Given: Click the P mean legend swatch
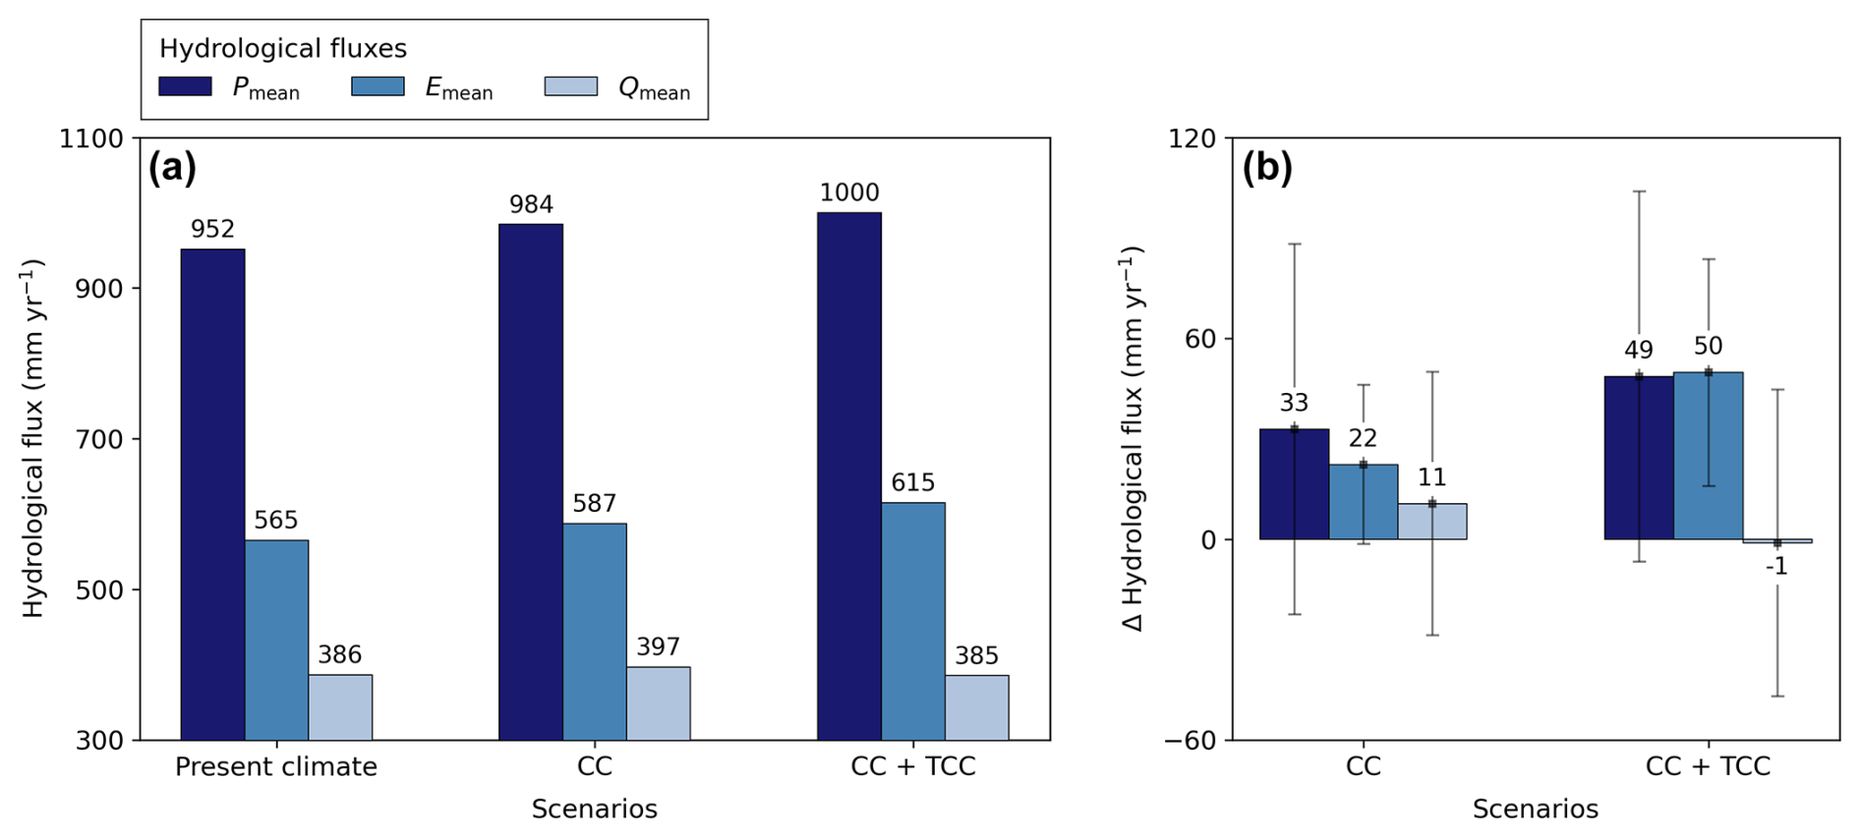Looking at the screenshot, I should click(x=185, y=86).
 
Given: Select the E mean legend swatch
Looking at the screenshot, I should click(x=378, y=86).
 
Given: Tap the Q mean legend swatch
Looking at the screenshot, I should click(x=570, y=86).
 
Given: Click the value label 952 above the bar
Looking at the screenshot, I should click(x=212, y=229).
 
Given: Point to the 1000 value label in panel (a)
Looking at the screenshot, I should click(x=849, y=193).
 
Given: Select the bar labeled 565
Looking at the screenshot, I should click(x=276, y=639).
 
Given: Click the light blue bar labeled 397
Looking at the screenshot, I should click(x=658, y=702).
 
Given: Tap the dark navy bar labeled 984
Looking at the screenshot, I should click(x=531, y=481).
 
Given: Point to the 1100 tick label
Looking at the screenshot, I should click(x=90, y=139).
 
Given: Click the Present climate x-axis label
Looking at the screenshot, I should click(x=276, y=766).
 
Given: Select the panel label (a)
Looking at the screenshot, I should click(x=172, y=168).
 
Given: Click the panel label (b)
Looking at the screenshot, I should click(x=1266, y=168).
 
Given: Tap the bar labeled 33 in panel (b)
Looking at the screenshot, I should click(x=1294, y=483).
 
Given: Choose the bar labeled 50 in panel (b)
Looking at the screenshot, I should click(x=1708, y=455).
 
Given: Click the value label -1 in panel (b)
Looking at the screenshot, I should click(x=1775, y=567).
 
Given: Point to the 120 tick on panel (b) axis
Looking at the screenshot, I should click(x=1192, y=139).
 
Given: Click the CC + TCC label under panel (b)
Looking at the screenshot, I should click(x=1708, y=766).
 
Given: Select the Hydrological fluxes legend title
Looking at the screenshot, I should click(x=283, y=48).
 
